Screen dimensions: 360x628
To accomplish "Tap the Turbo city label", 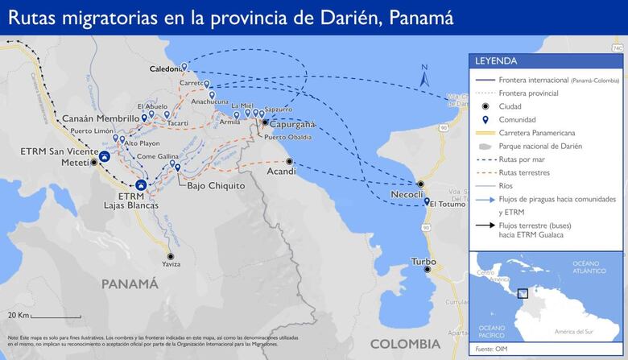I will coord(423,262).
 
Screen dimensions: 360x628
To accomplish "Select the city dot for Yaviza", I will coord(169,256).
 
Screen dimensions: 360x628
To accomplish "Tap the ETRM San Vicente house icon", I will coord(104,155).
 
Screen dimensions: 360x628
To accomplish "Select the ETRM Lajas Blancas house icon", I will coord(141,185).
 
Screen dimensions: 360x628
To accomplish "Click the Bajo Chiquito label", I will coord(216,185).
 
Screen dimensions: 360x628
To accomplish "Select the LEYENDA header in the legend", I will coord(496,60).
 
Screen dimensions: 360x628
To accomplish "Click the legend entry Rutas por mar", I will coord(524,159).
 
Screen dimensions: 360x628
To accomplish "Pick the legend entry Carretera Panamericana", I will coord(540,132).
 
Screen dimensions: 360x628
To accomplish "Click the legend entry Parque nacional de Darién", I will coord(540,146).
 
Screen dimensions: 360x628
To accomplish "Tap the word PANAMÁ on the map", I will coord(129,283).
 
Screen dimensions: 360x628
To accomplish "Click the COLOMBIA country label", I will coord(404,344).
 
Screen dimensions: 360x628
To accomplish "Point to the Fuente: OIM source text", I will coord(491,348).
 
